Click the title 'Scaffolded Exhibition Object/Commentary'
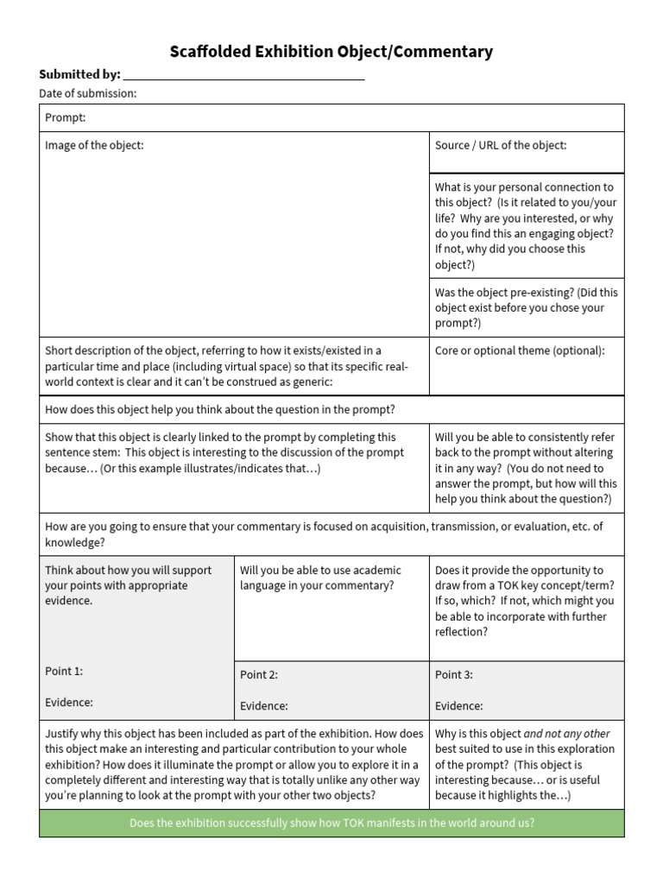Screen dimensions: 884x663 [x=331, y=52]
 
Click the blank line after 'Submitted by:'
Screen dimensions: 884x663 [x=244, y=76]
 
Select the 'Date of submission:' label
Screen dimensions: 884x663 [x=88, y=93]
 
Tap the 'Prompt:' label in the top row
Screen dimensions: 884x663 [x=66, y=117]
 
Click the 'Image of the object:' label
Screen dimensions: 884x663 [x=94, y=145]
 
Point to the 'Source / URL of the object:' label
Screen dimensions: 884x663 [x=501, y=145]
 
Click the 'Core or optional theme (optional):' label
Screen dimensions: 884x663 [x=520, y=350]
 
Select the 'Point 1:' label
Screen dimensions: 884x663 [x=64, y=671]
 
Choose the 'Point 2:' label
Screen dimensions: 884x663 [x=259, y=675]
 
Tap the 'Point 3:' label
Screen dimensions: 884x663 [x=454, y=675]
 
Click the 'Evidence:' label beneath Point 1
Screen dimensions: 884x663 [x=69, y=702]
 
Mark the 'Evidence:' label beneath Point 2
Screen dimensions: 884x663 [x=264, y=705]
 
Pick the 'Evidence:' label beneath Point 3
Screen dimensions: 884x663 [x=459, y=705]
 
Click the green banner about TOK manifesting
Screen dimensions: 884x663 [x=331, y=823]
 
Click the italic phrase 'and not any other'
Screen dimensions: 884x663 [x=578, y=734]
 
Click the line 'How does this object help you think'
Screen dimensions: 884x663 [x=220, y=409]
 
